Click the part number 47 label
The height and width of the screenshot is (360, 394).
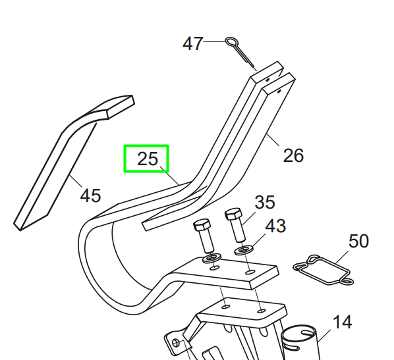(x=193, y=43)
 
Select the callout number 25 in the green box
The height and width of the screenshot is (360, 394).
(x=148, y=159)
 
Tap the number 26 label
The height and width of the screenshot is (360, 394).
(x=293, y=155)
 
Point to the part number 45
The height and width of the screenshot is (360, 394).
(x=90, y=195)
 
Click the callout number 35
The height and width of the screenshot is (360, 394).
(x=265, y=202)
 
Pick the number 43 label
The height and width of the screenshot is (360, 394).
(x=275, y=226)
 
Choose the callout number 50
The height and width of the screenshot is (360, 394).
(x=358, y=242)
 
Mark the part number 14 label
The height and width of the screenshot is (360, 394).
(x=342, y=322)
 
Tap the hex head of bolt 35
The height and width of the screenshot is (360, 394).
(x=234, y=214)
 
